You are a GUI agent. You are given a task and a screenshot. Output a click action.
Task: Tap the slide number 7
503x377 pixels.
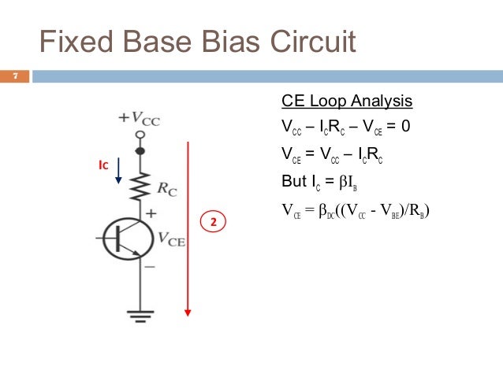click(13, 76)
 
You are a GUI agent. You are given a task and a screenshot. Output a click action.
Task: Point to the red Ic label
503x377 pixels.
click(102, 166)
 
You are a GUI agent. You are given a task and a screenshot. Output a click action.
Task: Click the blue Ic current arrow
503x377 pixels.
click(118, 171)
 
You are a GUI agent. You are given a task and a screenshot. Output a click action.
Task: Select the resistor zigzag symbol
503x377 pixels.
click(140, 186)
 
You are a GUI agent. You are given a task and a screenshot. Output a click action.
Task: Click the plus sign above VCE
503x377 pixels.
click(151, 213)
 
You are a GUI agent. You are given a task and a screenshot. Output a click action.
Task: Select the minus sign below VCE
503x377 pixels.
click(150, 268)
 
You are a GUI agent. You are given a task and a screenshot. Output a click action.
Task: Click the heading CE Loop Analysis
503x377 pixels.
click(346, 102)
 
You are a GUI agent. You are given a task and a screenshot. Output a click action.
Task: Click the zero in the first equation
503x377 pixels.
click(405, 126)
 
